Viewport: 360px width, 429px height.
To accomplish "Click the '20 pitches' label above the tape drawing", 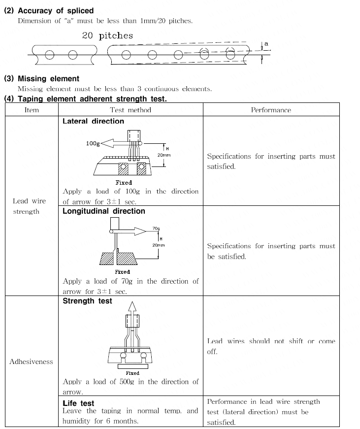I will pos(107,35).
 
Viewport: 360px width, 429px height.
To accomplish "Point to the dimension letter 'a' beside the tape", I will pos(266,44).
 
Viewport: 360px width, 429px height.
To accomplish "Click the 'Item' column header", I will pos(32,110).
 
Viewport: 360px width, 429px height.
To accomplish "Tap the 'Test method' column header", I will pos(131,110).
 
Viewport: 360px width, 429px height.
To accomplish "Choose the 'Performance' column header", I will pos(271,110).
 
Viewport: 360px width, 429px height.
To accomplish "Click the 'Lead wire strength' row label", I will pos(29,206).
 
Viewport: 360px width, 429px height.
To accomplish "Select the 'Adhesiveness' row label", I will pos(31,362).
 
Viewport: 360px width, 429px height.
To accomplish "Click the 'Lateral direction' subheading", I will pos(93,121).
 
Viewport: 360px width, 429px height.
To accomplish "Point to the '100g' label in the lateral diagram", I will pos(93,143).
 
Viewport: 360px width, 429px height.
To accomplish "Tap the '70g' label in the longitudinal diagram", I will pos(156,229).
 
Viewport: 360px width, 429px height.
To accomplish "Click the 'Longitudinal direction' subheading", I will pos(103,211).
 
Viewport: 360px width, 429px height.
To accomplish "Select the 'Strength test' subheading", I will pos(87,301).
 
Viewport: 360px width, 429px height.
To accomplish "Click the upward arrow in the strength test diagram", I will pos(131,308).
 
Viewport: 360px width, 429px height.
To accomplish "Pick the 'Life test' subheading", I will pos(78,403).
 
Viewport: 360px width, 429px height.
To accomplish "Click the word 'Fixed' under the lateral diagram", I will pos(124,182).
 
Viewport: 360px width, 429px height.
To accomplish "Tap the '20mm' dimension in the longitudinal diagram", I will pos(158,245).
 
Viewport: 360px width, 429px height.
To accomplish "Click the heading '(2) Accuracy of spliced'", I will pos(48,10).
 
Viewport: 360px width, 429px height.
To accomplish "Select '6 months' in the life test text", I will pos(124,421).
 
